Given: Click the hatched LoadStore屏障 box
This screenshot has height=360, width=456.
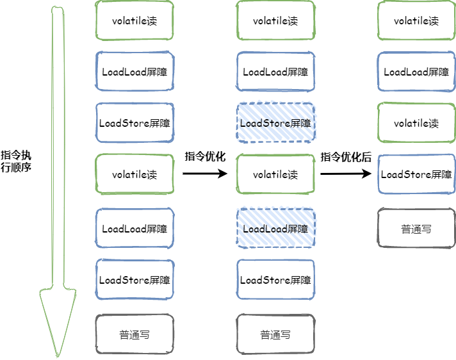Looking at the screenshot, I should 275,122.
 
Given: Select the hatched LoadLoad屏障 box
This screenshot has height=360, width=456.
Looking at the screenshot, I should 275,228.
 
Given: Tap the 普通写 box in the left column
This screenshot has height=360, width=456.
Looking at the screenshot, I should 134,334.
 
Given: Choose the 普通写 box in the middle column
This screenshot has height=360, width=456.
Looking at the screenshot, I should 275,334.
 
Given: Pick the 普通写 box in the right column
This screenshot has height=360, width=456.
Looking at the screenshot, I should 416,228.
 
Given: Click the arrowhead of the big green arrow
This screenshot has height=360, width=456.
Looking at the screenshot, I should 58,320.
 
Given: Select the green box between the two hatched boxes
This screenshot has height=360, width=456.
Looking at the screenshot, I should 275,174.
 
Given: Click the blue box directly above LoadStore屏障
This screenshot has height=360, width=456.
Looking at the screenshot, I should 275,71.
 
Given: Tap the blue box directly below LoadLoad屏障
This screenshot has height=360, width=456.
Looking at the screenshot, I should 275,279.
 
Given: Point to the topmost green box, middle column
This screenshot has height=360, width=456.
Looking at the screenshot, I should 275,20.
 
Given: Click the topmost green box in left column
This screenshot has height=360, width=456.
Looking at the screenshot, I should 134,20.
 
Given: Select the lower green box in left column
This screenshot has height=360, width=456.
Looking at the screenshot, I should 134,174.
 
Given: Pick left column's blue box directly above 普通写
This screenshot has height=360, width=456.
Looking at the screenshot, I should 134,279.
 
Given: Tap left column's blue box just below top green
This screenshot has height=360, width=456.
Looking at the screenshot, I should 134,71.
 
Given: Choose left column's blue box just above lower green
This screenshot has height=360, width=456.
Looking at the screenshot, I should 134,122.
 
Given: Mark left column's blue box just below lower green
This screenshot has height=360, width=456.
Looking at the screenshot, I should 134,228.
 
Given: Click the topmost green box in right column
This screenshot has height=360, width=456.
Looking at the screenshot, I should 416,20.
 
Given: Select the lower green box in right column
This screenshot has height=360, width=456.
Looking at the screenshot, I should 416,122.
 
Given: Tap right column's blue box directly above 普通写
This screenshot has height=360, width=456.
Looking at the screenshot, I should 416,174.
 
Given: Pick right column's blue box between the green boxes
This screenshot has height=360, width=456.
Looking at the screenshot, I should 416,71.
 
